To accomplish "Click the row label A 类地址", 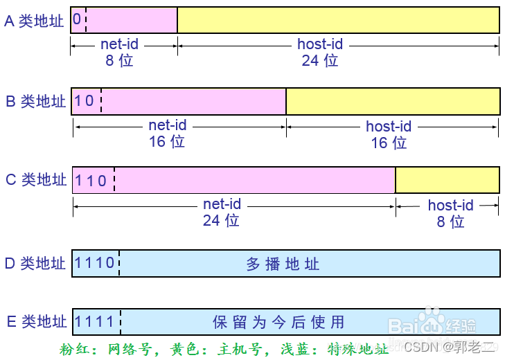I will point(34,21).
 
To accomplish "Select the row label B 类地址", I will point(35,101).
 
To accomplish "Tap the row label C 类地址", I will point(35,180).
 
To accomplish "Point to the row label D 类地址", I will point(35,263).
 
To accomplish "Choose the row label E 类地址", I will point(35,321).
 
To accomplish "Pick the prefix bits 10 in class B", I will point(85,101).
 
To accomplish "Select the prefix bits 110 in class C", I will point(91,181).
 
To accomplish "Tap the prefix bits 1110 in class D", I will point(95,263).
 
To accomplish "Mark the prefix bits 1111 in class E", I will point(95,321).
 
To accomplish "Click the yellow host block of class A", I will point(338,20).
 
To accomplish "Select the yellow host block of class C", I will point(447,180).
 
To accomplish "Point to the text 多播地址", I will point(283,264).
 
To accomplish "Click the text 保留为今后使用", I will point(278,322).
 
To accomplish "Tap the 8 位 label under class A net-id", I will point(119,60).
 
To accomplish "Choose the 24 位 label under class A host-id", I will point(319,60).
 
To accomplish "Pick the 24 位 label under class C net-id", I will point(221,220).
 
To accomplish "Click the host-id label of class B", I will point(389,127).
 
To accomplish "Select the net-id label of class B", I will point(168,126).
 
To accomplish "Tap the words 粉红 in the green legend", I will point(74,348).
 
